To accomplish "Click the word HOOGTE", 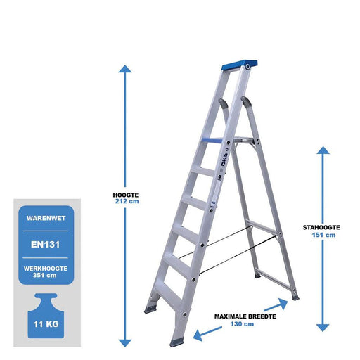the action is tap(126, 195).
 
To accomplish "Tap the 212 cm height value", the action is tap(127, 201).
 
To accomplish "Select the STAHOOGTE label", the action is tap(321, 227).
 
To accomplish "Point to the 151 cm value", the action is tap(323, 235).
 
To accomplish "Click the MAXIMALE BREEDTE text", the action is tap(245, 316).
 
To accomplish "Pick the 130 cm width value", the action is tap(242, 324).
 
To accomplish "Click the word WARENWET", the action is tap(46, 218).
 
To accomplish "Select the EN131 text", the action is tap(46, 245).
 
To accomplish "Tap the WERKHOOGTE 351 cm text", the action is tap(46, 272).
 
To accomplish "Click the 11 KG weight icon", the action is tap(46, 316).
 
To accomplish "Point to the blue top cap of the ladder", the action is tap(240, 65).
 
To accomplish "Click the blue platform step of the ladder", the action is tap(212, 141).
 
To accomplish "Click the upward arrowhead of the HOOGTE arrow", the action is tap(125, 69).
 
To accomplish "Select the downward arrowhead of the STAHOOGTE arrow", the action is tap(323, 328).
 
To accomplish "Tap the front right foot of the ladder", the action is tap(176, 342).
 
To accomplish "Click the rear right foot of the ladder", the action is tap(295, 297).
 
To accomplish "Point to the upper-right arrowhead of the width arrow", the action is tap(283, 304).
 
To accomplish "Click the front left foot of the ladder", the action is tap(150, 309).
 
